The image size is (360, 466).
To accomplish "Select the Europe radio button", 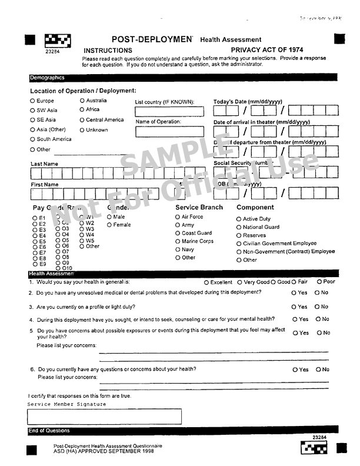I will tap(32, 101).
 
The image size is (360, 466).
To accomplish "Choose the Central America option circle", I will tap(82, 120).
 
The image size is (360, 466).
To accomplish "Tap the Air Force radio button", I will tap(178, 217).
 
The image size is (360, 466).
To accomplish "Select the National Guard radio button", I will tap(239, 227).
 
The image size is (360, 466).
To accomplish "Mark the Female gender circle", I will tap(109, 225).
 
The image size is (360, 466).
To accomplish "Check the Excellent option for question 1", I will tap(206, 282).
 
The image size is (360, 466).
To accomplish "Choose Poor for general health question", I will tap(318, 282).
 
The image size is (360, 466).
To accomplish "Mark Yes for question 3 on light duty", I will tap(294, 307).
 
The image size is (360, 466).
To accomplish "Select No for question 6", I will tap(318, 370).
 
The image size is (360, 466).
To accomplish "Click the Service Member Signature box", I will tap(104, 417).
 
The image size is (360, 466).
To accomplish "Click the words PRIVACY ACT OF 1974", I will tap(267, 51).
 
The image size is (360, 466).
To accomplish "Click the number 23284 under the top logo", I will tap(52, 51).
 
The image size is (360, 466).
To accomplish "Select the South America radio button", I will tap(32, 139).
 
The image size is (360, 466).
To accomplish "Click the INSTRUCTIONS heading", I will tap(108, 51).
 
